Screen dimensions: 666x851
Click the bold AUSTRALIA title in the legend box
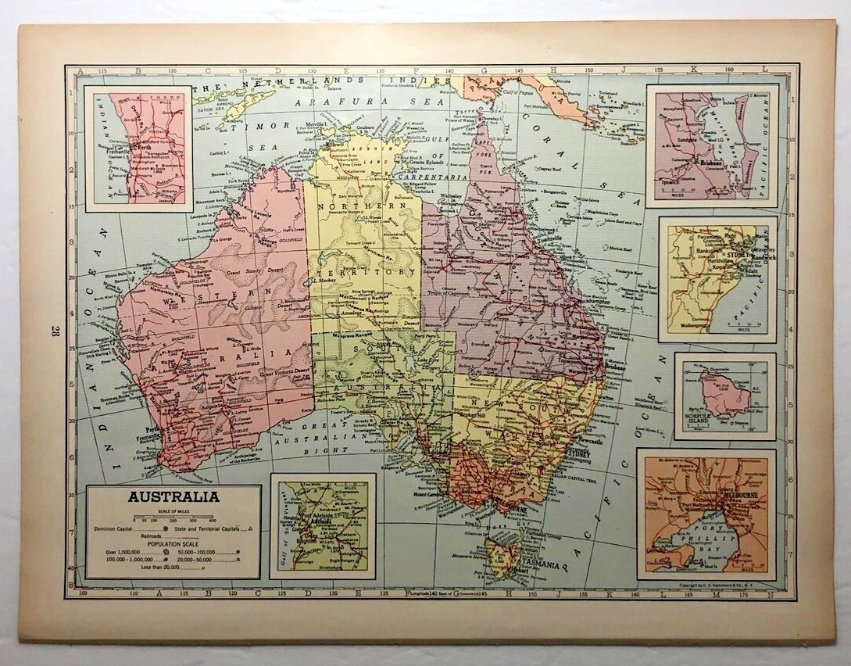pos(173,496)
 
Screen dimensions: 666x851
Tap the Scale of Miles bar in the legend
pos(173,519)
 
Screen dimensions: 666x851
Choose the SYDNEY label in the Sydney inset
pos(737,255)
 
